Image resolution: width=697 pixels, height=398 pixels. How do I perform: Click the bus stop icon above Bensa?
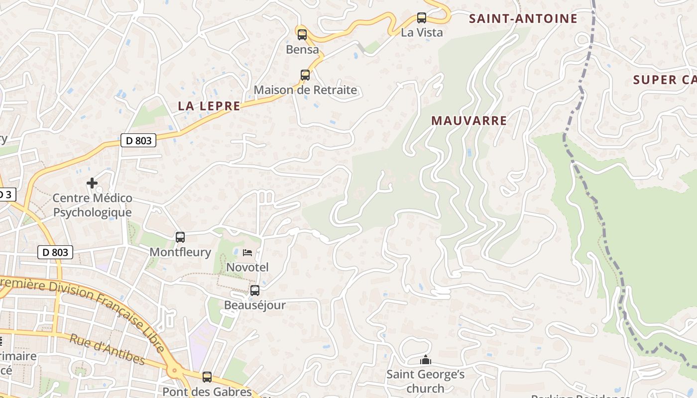click(302, 35)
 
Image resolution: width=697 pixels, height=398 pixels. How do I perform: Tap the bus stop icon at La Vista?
click(422, 18)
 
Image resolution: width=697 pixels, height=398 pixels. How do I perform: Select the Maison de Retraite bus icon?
click(305, 75)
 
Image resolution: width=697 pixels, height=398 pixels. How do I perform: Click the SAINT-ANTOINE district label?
click(523, 19)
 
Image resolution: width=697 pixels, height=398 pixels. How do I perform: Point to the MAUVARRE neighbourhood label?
click(469, 120)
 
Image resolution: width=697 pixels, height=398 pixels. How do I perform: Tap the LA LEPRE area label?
click(209, 105)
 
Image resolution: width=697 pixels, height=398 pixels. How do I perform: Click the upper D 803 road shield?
click(138, 141)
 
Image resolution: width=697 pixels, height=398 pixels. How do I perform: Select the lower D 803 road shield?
click(56, 253)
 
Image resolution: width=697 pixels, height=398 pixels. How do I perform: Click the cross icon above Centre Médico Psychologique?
click(92, 183)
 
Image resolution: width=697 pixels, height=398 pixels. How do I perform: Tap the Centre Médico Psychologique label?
click(93, 205)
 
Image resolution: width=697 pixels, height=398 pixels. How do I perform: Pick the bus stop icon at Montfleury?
click(180, 237)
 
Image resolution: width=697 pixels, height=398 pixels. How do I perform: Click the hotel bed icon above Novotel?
click(247, 253)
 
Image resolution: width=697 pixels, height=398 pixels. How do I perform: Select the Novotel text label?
click(247, 267)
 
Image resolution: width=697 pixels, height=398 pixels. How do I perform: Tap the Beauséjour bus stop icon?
click(255, 291)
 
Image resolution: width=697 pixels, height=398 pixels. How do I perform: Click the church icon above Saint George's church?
click(426, 360)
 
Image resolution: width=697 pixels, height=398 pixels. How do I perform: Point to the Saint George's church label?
click(426, 381)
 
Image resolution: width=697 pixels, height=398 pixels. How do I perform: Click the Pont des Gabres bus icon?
click(207, 377)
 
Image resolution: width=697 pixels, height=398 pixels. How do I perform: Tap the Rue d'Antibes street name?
click(107, 350)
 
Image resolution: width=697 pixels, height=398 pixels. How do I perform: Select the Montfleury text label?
click(180, 252)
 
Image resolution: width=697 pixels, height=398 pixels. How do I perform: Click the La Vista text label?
click(422, 33)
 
